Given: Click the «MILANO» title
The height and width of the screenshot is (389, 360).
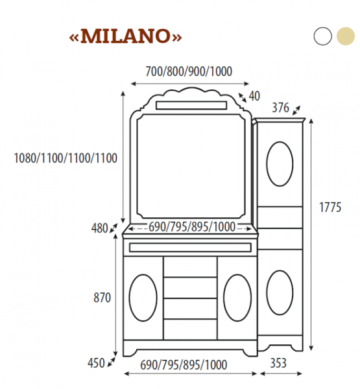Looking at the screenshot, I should pyautogui.click(x=125, y=36).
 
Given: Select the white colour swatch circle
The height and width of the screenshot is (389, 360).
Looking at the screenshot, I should pyautogui.click(x=322, y=36).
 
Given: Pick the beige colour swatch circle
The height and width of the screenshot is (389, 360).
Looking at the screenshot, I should pyautogui.click(x=344, y=36).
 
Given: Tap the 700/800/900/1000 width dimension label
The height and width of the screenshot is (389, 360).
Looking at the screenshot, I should pyautogui.click(x=189, y=71).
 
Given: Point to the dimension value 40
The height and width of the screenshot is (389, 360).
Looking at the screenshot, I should pyautogui.click(x=254, y=96).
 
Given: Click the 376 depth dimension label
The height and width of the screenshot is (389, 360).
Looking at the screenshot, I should pyautogui.click(x=280, y=107).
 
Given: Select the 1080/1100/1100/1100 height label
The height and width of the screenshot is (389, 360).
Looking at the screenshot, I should pyautogui.click(x=66, y=158).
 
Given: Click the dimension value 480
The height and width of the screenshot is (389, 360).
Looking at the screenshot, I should pyautogui.click(x=100, y=228).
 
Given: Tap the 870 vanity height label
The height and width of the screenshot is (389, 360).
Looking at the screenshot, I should pyautogui.click(x=102, y=298).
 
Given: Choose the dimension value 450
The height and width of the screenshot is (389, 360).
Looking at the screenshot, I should pyautogui.click(x=96, y=363).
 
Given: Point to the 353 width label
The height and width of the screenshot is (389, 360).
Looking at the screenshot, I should pyautogui.click(x=278, y=364).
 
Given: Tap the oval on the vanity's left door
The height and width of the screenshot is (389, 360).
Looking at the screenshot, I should pyautogui.click(x=143, y=296).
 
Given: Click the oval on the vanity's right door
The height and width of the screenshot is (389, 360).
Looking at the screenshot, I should pyautogui.click(x=236, y=296).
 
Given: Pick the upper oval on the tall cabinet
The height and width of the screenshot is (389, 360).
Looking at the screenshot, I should pyautogui.click(x=280, y=163).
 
